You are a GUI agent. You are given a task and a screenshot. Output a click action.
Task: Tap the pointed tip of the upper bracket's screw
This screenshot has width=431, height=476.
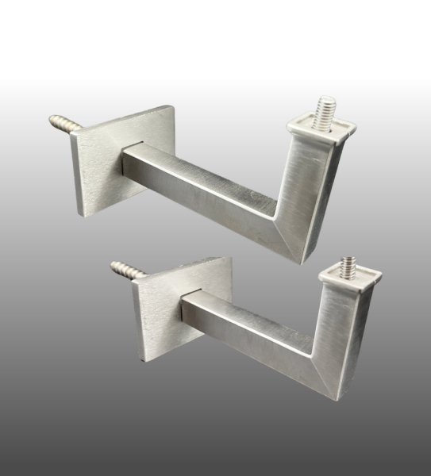pyautogui.click(x=51, y=118)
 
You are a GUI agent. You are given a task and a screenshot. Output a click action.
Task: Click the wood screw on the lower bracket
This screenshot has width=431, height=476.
pyautogui.click(x=126, y=269)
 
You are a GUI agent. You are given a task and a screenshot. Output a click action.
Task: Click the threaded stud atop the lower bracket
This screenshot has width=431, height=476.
pyautogui.click(x=348, y=265)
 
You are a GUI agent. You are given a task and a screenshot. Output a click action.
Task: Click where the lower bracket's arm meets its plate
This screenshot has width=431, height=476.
pyautogui.click(x=185, y=305)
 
